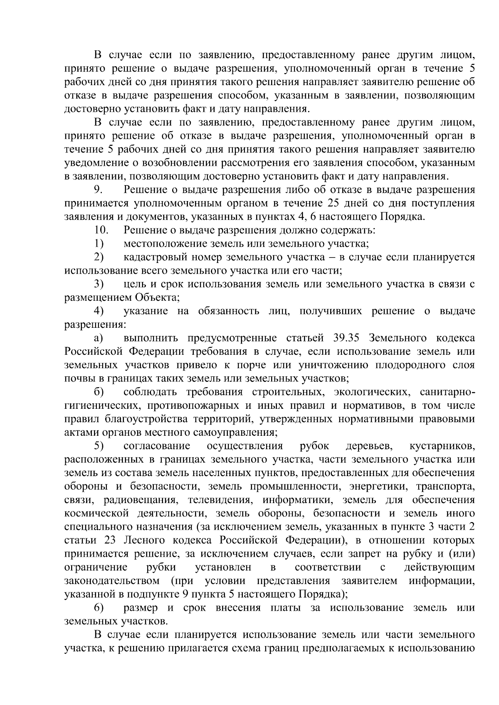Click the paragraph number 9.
97,190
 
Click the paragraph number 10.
101,230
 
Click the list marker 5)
99,446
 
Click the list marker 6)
99,608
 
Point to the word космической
93,514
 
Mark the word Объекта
156,298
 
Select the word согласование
157,446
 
